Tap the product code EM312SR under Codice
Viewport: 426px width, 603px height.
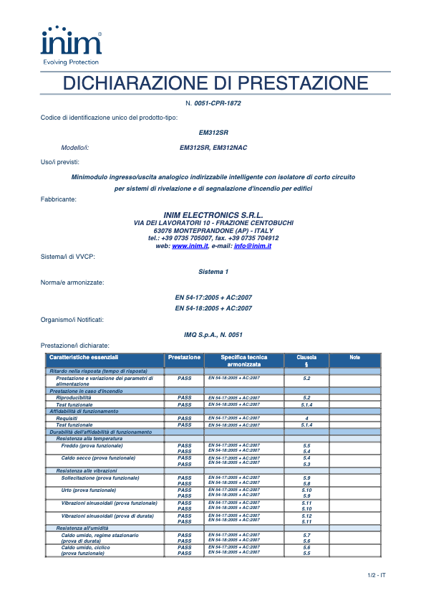(x=213, y=133)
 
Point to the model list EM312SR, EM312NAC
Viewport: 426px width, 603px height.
(x=213, y=148)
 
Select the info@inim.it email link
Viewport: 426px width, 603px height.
(x=252, y=246)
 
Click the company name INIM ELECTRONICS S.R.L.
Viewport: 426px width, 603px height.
(x=213, y=215)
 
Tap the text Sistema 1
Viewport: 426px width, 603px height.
(x=213, y=272)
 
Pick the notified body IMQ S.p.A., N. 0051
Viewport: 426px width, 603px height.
(x=213, y=335)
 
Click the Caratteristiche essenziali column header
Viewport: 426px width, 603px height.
(x=84, y=357)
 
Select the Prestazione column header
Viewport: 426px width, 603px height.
(x=184, y=357)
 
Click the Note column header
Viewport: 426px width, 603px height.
(x=355, y=357)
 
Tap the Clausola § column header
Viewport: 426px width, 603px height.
(x=306, y=361)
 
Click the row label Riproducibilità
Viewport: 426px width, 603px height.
(x=74, y=397)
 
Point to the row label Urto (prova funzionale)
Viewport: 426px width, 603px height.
(x=88, y=490)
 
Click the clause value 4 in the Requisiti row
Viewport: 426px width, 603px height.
(x=306, y=418)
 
